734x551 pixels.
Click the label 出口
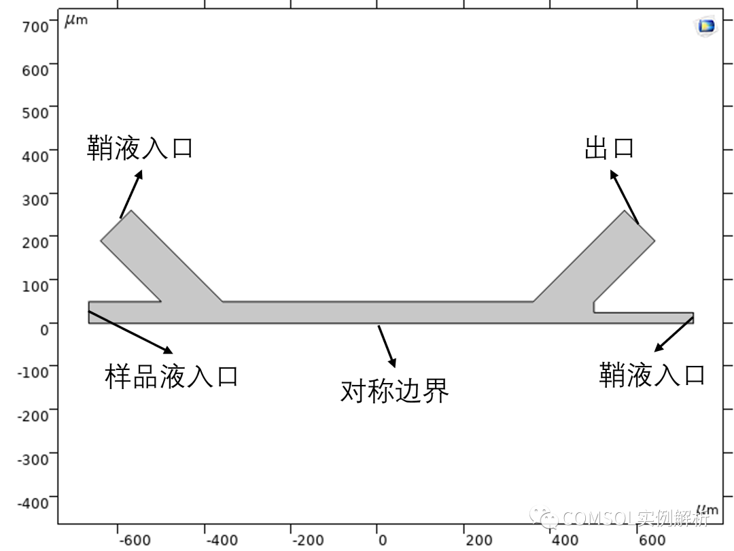(x=609, y=148)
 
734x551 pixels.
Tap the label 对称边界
(x=394, y=390)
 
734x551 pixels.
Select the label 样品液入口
(x=171, y=375)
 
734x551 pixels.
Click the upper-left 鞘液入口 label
(x=140, y=148)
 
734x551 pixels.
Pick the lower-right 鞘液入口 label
(x=652, y=374)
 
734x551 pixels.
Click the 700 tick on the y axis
(x=35, y=27)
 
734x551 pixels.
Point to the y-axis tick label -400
(x=33, y=503)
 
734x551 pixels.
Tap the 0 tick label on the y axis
(x=44, y=330)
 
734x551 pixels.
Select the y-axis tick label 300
(x=35, y=200)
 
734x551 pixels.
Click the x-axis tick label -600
(x=133, y=541)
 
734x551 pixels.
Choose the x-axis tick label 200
(x=478, y=541)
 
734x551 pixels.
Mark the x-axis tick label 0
(x=382, y=541)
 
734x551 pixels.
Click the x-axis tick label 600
(x=652, y=541)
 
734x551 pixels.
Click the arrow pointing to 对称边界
(x=387, y=346)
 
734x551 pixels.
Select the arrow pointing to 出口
(x=624, y=197)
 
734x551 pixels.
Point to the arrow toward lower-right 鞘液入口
(x=674, y=334)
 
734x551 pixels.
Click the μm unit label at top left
(x=75, y=20)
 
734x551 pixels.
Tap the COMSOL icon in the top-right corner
(x=706, y=26)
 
